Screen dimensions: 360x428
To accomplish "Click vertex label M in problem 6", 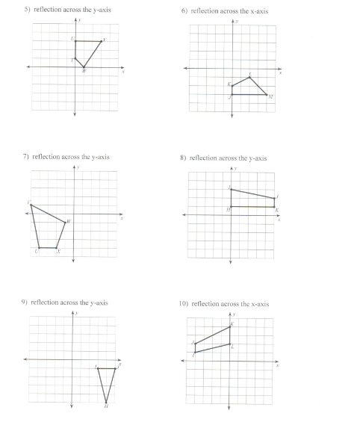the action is pyautogui.click(x=271, y=97).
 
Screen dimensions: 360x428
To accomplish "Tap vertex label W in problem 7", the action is pyautogui.click(x=69, y=221).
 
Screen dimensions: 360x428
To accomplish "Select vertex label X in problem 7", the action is pyautogui.click(x=58, y=252).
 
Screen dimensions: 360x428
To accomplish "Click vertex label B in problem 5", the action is pyautogui.click(x=84, y=71).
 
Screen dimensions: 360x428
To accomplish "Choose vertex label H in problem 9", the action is pyautogui.click(x=106, y=406).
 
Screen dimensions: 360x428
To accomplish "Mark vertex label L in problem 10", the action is pyautogui.click(x=233, y=346).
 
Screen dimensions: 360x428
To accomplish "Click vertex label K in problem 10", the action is pyautogui.click(x=232, y=323).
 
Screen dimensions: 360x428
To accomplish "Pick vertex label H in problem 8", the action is pyautogui.click(x=227, y=210).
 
